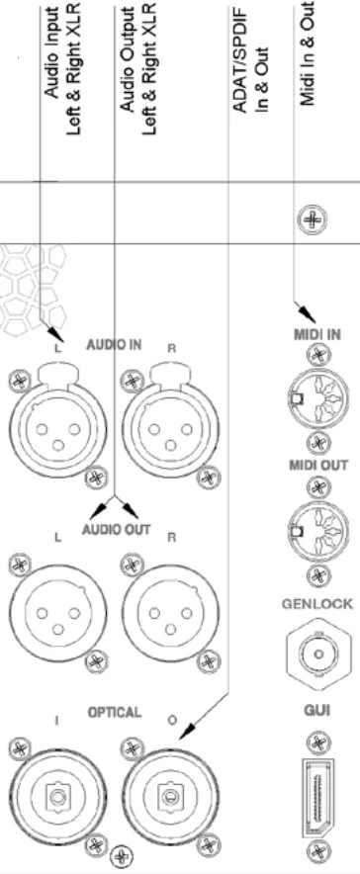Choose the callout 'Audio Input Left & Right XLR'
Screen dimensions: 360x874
point(69,44)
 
